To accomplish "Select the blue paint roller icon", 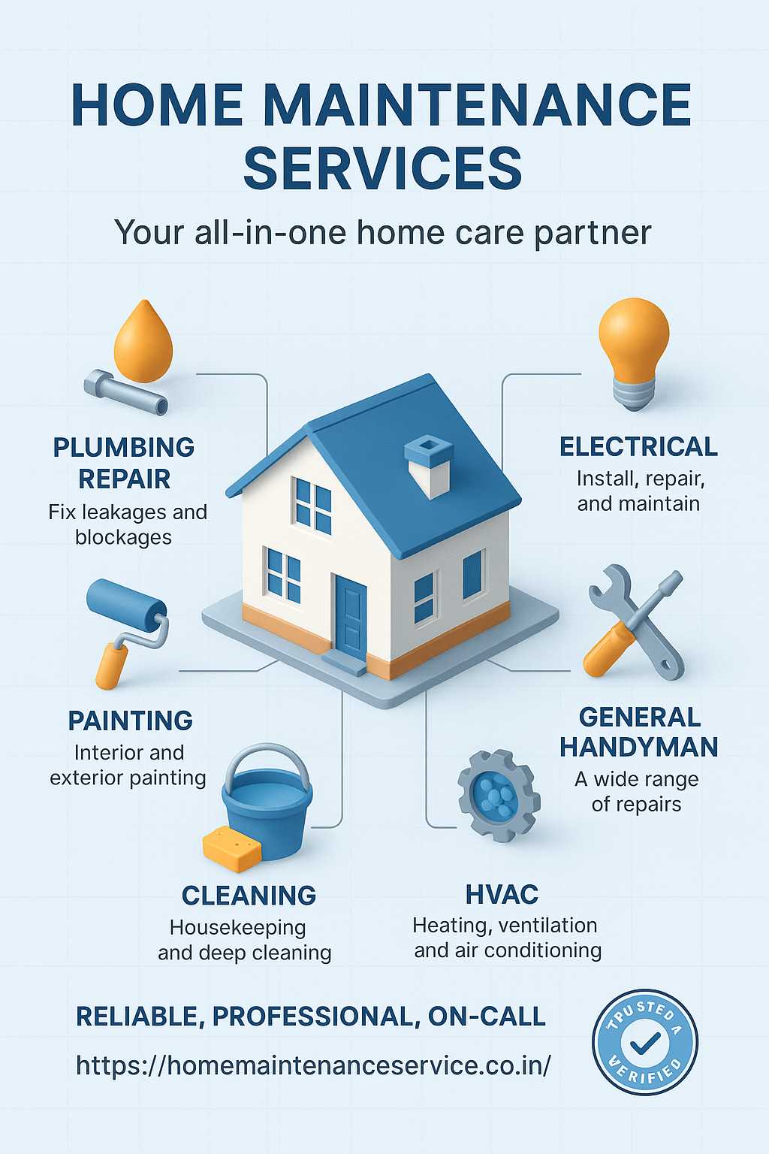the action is coord(127,632).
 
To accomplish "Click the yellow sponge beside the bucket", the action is coord(232,848).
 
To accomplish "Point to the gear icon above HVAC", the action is coord(499,796).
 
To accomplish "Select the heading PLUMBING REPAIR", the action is coord(124,463).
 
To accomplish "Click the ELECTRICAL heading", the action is coord(638,447).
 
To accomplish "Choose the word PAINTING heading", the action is coord(131,720).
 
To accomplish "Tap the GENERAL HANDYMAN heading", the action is coord(639,732).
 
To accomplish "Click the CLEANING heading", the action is coord(249,896).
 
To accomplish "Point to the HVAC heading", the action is coord(502,894).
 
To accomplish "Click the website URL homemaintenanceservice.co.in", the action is coord(313,1065).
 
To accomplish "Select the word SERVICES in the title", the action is coord(383,168).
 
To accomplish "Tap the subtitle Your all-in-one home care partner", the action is coord(383,233).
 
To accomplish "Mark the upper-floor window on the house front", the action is coord(314,506).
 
